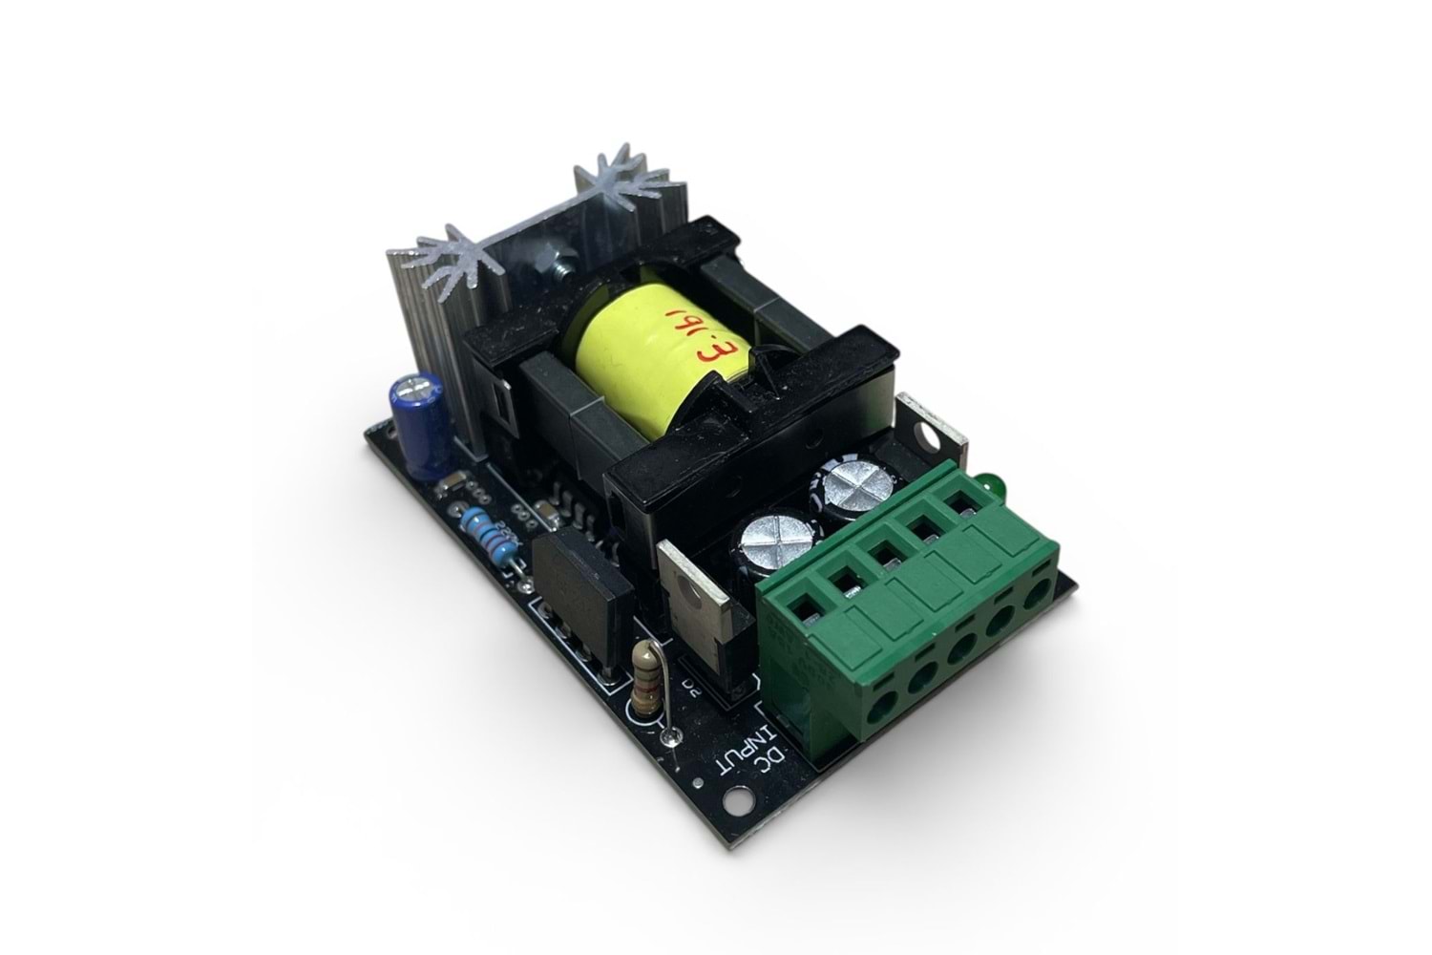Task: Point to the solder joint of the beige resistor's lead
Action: coord(670,735)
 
